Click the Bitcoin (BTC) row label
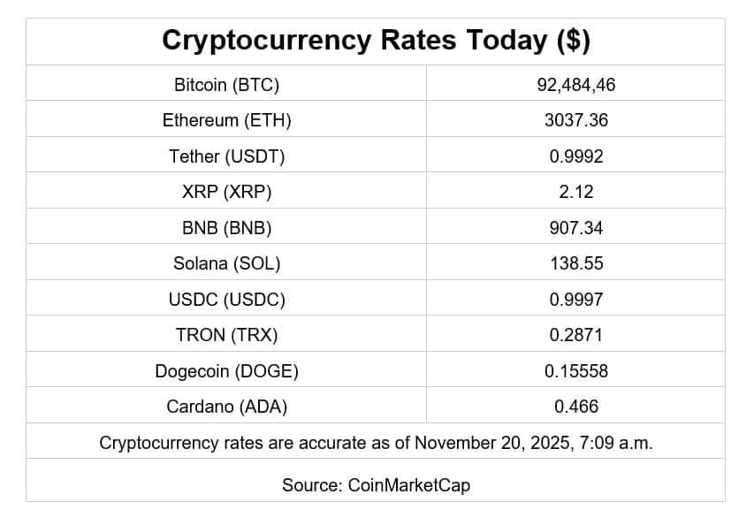point(226,85)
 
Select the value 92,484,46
point(576,85)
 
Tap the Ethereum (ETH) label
point(226,120)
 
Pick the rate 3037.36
point(576,120)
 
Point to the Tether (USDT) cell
point(226,156)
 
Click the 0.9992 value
point(576,156)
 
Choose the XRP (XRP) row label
point(226,192)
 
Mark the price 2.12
point(576,192)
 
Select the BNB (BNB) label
point(226,228)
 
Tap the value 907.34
point(576,228)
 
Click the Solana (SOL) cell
point(226,263)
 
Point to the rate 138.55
point(576,263)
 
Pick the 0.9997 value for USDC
point(576,300)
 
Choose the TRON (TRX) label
point(226,335)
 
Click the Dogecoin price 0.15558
point(576,371)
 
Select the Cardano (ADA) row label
point(226,407)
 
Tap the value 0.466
point(576,407)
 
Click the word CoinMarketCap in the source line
point(409,485)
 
